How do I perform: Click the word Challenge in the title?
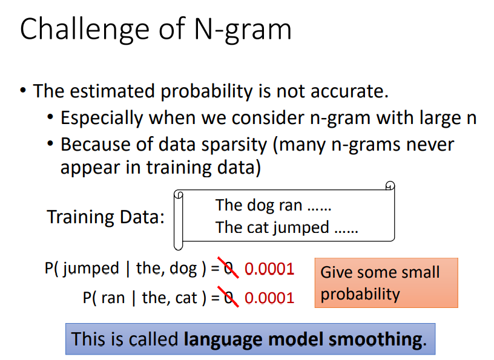tap(84, 30)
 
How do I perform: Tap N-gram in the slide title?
tap(243, 30)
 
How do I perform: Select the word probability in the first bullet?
tap(206, 91)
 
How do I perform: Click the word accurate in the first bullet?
tap(349, 91)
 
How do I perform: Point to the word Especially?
tap(102, 119)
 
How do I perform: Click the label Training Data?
tap(105, 217)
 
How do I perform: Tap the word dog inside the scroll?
tap(260, 206)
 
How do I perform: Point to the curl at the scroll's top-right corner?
tap(390, 186)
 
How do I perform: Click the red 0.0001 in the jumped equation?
tap(269, 269)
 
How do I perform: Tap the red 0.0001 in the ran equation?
tap(269, 298)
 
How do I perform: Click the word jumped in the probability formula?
tap(91, 269)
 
